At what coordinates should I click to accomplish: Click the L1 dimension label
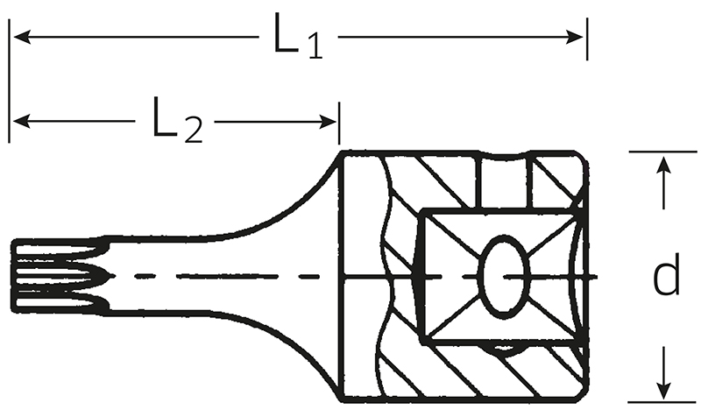[x=298, y=36]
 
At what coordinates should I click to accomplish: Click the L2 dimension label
[x=178, y=120]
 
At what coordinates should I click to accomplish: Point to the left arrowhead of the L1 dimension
[x=22, y=37]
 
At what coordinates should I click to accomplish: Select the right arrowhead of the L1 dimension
[x=575, y=37]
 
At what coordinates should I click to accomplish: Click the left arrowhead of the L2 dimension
[x=22, y=121]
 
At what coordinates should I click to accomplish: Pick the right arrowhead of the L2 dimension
[x=328, y=122]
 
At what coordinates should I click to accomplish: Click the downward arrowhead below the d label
[x=665, y=390]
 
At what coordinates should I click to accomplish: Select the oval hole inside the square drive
[x=504, y=277]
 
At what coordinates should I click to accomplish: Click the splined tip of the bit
[x=60, y=275]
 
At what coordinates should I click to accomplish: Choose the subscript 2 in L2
[x=194, y=131]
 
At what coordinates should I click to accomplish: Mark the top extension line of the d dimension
[x=663, y=152]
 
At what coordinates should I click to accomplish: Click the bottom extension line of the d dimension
[x=662, y=402]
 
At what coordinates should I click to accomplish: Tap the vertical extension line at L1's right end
[x=587, y=39]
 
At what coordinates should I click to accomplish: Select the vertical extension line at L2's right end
[x=339, y=124]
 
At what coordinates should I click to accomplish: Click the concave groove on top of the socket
[x=506, y=156]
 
